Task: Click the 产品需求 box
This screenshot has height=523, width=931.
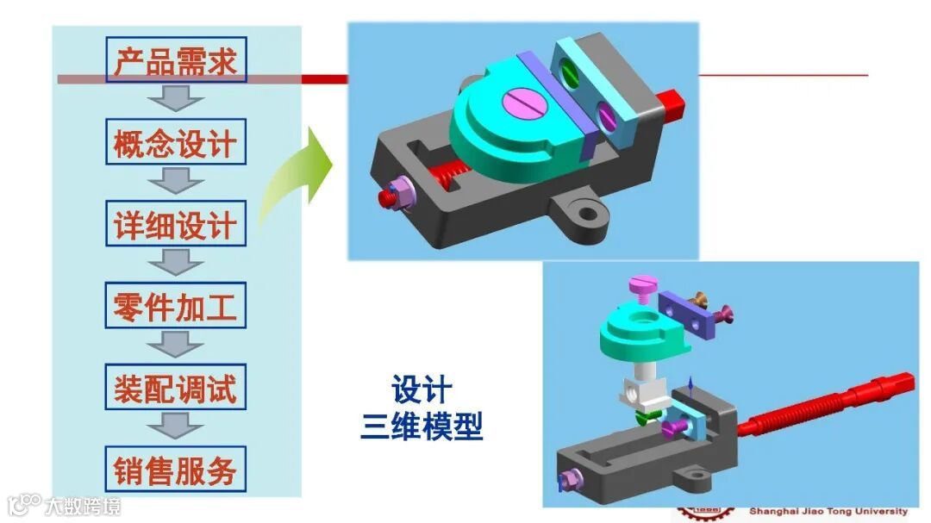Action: (176, 59)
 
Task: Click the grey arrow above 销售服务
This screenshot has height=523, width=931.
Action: (176, 426)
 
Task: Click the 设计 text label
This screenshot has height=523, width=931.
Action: (422, 389)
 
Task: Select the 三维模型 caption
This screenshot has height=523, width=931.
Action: (422, 426)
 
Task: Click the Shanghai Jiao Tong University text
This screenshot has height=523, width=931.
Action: (828, 511)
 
